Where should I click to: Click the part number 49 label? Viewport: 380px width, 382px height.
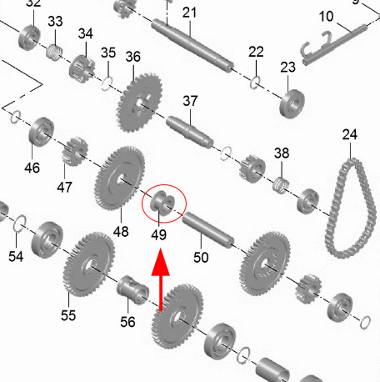click(x=159, y=234)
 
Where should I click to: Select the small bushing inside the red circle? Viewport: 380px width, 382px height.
click(x=162, y=203)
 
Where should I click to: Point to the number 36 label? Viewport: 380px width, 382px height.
click(x=133, y=57)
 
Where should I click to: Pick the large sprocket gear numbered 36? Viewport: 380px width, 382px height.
click(x=140, y=103)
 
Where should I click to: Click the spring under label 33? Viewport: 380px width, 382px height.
click(x=54, y=52)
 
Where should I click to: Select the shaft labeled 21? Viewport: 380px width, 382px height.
click(x=192, y=46)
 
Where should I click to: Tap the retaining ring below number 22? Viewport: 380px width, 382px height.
click(x=255, y=83)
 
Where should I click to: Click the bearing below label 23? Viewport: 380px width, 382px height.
click(x=292, y=104)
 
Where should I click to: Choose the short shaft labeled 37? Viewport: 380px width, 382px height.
click(x=190, y=132)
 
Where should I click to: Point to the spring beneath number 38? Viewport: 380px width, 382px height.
click(x=281, y=185)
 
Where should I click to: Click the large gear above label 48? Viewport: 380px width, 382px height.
click(x=120, y=178)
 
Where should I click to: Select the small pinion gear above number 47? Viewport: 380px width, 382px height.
click(x=74, y=152)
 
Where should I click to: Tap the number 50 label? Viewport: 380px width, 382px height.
click(x=201, y=258)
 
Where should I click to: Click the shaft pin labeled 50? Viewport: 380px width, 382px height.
click(x=208, y=229)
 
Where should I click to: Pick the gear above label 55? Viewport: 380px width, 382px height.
click(x=89, y=264)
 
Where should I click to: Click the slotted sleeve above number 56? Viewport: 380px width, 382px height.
click(x=132, y=290)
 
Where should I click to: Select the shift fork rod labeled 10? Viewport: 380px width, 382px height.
click(x=334, y=45)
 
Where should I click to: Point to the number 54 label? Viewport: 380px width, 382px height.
click(x=16, y=256)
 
